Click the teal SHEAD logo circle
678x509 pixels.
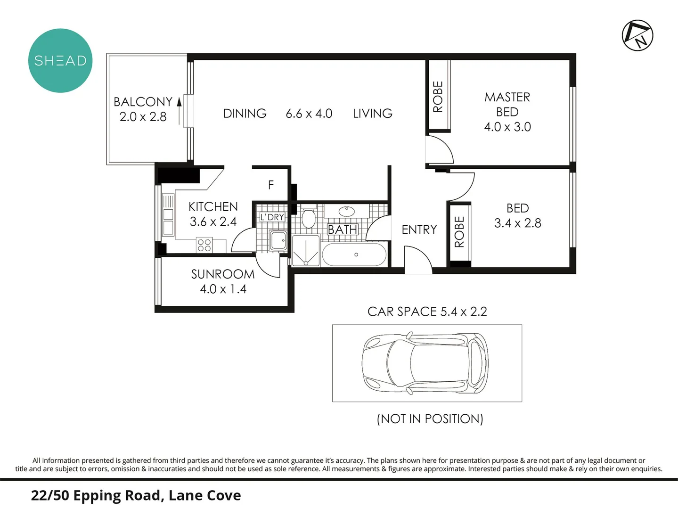[x=60, y=61]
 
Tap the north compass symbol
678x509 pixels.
[x=637, y=35]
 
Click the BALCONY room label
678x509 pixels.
[x=143, y=102]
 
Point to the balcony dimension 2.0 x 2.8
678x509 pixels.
[x=143, y=117]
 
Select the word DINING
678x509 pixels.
[x=245, y=114]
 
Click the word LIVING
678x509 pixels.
[x=372, y=114]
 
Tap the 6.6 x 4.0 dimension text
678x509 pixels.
[x=309, y=114]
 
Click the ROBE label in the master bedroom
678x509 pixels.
[x=438, y=97]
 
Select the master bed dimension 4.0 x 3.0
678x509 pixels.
[x=507, y=127]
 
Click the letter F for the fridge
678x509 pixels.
[x=271, y=185]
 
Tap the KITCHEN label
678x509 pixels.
[x=213, y=207]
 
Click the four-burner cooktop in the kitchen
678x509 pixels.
[x=204, y=245]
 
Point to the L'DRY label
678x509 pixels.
[x=272, y=217]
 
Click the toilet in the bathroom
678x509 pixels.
[x=309, y=218]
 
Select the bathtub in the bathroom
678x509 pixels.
[x=354, y=254]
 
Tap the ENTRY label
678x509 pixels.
[x=419, y=230]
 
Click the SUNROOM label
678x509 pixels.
[x=223, y=274]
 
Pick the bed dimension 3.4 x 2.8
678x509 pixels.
[x=517, y=223]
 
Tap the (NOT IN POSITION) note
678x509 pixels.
[x=430, y=419]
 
